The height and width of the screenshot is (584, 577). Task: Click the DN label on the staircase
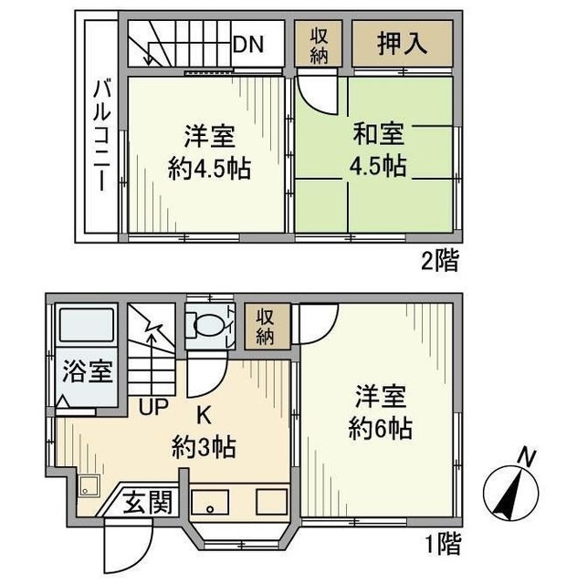click(248, 44)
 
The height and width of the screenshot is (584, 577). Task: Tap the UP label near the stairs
click(153, 406)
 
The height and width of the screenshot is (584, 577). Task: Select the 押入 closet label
click(402, 43)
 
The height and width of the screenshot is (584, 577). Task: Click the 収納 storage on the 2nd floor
click(319, 44)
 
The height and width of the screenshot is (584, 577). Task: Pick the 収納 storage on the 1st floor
click(267, 327)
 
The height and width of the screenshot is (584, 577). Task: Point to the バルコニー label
click(102, 135)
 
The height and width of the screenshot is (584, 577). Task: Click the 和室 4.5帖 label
click(378, 150)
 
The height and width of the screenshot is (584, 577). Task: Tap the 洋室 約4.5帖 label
click(209, 152)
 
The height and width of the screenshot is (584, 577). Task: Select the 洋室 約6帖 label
click(380, 412)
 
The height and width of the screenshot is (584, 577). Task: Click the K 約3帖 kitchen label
click(204, 431)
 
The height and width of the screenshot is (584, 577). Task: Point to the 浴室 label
click(88, 371)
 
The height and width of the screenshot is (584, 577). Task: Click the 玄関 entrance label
click(148, 502)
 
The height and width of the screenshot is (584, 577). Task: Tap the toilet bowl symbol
click(207, 326)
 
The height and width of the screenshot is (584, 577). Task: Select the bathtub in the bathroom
click(87, 325)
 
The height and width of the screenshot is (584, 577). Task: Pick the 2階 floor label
click(440, 260)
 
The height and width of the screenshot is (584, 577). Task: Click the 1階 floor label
click(443, 544)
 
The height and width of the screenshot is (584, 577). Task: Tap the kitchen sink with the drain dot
click(210, 503)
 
